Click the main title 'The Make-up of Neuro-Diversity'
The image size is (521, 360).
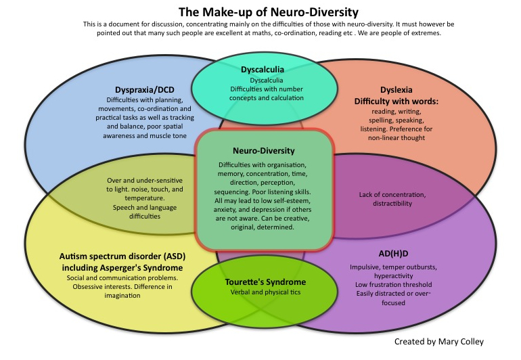click(259, 12)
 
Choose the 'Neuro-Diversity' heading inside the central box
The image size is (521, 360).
click(265, 152)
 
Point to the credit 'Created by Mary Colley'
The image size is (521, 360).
click(438, 342)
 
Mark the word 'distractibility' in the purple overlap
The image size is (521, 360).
click(385, 204)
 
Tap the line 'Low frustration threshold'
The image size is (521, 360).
click(380, 284)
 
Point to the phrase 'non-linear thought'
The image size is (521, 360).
click(397, 138)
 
